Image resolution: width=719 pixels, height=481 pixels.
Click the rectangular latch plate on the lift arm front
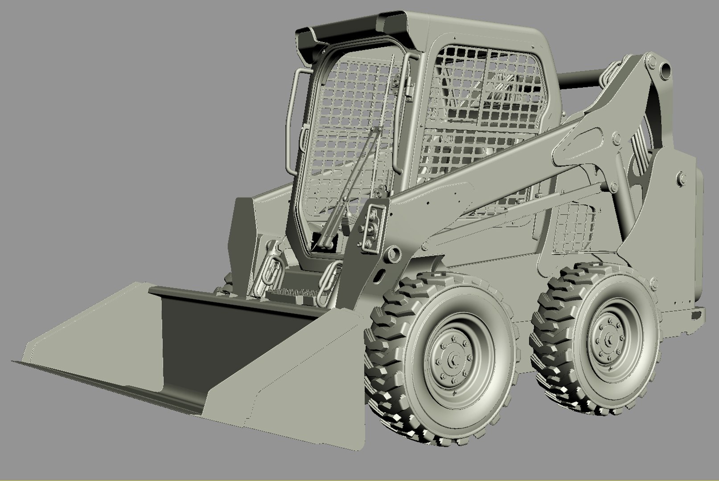tap(372, 228)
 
